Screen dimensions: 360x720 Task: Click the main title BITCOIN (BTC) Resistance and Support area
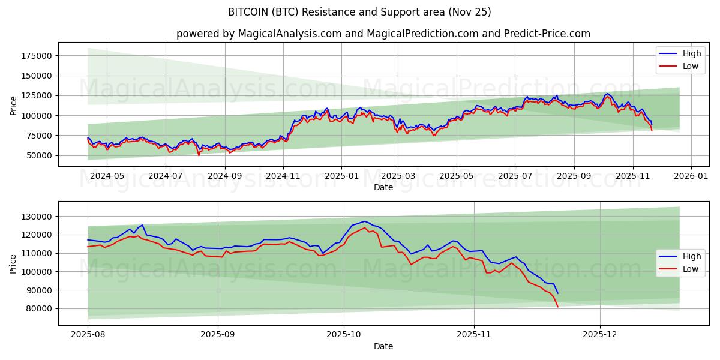359,12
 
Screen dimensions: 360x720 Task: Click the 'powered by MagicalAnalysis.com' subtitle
383,34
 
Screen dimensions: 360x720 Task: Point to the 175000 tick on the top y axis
35,56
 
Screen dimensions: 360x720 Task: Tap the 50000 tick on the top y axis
38,155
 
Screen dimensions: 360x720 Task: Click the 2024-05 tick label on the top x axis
107,176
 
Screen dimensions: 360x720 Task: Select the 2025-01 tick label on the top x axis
341,176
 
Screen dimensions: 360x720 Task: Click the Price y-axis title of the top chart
13,106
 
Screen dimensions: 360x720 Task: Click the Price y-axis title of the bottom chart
13,263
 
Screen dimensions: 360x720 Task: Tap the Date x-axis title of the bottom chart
383,346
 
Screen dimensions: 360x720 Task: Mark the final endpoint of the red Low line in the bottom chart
558,307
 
